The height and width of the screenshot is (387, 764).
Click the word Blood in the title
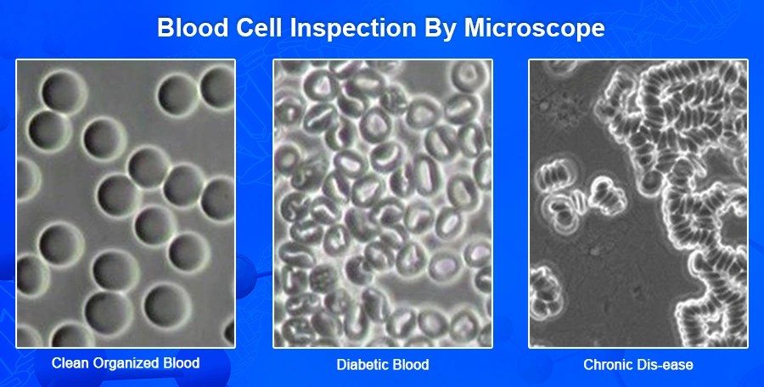pyautogui.click(x=193, y=28)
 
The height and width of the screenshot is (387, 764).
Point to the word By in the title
pyautogui.click(x=440, y=29)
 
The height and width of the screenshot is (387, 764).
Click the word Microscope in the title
pyautogui.click(x=535, y=29)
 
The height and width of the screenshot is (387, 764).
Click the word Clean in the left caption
pyautogui.click(x=67, y=363)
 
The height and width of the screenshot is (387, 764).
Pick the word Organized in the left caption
pyautogui.click(x=116, y=364)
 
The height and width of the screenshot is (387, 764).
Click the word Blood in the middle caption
pyautogui.click(x=410, y=365)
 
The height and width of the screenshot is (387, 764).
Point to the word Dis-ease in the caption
pyautogui.click(x=663, y=365)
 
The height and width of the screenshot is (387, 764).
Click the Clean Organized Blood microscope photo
pyautogui.click(x=126, y=204)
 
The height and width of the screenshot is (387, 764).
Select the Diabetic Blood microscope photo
pyautogui.click(x=383, y=204)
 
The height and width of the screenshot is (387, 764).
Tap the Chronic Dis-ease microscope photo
pyautogui.click(x=638, y=204)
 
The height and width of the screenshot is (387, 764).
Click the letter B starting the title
pyautogui.click(x=166, y=28)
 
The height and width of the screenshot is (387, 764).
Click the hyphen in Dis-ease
pyautogui.click(x=654, y=366)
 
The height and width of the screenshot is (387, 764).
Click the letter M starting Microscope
pyautogui.click(x=475, y=28)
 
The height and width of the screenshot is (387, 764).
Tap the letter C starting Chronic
pyautogui.click(x=588, y=365)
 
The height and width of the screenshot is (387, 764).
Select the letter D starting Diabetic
pyautogui.click(x=341, y=365)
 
